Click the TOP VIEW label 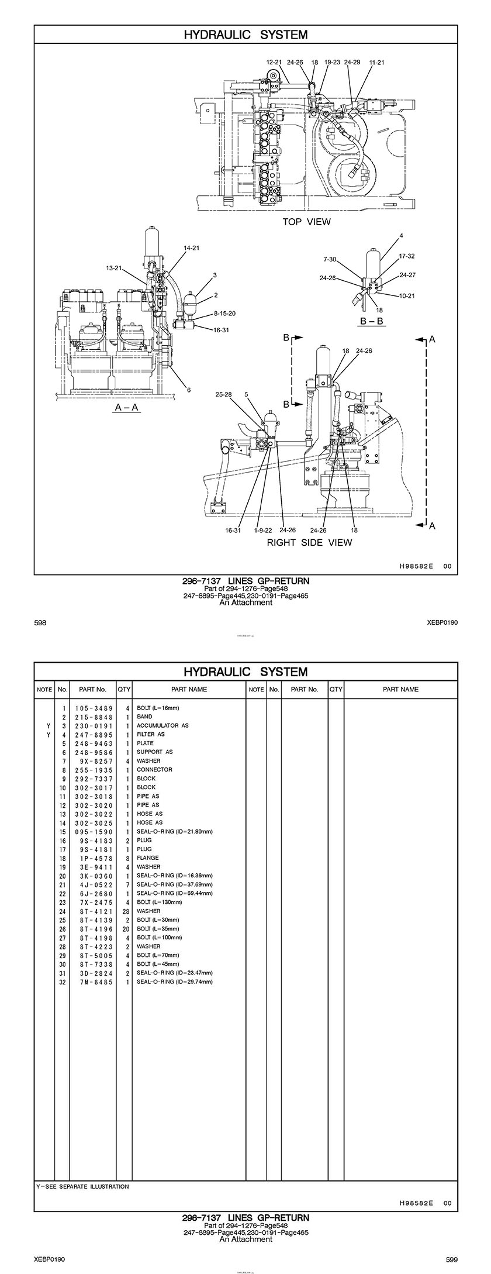pos(306,222)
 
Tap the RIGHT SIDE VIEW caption pos(309,542)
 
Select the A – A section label pos(126,407)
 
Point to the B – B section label pos(372,321)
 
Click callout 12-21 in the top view pos(274,62)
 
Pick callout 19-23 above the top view pos(332,62)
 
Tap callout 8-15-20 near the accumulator pos(224,314)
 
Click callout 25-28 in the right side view pos(223,394)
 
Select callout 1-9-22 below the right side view pos(263,530)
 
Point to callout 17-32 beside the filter pos(407,256)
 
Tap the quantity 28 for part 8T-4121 pos(124,911)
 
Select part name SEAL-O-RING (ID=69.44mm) pos(174,893)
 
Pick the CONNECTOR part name pos(154,770)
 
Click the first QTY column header pos(124,689)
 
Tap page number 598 pos(40,623)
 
